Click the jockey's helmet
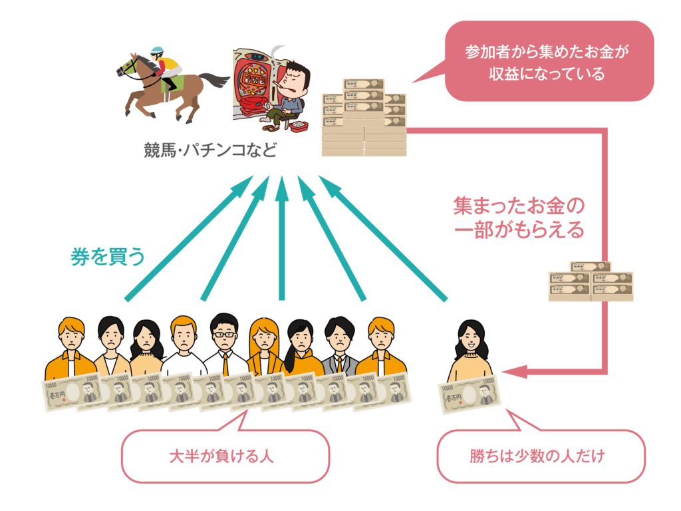(157, 51)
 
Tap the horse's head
(126, 66)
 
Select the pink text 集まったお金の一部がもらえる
(518, 217)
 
